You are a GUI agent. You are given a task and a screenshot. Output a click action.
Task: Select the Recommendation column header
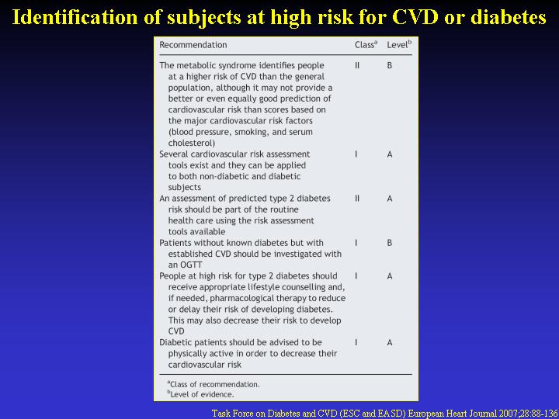[193, 45]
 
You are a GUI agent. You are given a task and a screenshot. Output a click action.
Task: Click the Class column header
[366, 45]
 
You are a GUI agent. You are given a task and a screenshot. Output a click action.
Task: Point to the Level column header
[399, 45]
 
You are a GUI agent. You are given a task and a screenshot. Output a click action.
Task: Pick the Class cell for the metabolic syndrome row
[357, 65]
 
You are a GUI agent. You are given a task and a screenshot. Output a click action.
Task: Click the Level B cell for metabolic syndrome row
[390, 65]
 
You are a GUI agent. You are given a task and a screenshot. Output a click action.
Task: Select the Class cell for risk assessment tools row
[356, 154]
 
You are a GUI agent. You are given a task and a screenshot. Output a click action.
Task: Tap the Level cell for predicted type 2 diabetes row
[390, 199]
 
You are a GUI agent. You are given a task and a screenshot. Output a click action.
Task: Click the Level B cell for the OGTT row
[390, 243]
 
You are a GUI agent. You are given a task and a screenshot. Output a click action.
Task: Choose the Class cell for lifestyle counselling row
[356, 276]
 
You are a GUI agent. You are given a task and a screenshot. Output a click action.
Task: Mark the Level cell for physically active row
[390, 343]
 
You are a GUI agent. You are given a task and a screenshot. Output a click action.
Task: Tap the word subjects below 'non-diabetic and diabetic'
[185, 188]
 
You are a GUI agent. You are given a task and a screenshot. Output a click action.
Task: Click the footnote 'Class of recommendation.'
[214, 384]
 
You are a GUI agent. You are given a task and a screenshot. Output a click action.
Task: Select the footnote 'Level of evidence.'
[201, 394]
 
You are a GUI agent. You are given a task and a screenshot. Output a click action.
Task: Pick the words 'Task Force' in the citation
[231, 414]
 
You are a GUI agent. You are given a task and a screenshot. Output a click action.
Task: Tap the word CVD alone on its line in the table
[176, 331]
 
